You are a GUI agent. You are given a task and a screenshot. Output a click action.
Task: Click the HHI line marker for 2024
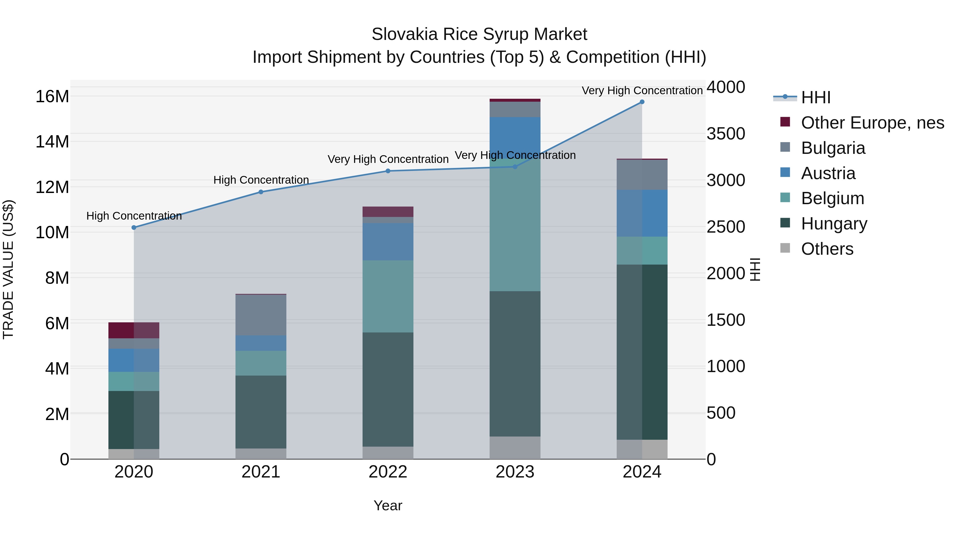(x=642, y=102)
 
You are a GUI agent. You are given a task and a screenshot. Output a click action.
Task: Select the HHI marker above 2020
(x=134, y=227)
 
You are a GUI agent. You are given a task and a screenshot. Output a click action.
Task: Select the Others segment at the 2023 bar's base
(x=515, y=447)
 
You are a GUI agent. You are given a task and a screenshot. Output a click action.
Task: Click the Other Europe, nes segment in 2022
(x=388, y=212)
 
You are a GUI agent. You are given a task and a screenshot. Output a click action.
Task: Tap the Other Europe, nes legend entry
(x=872, y=123)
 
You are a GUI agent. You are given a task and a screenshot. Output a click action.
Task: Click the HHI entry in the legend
(x=815, y=97)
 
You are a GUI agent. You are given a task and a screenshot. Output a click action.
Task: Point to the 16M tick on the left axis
(x=52, y=96)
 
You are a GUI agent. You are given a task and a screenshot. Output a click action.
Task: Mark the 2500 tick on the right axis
(x=726, y=227)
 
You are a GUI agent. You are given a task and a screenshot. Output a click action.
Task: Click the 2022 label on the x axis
(x=388, y=472)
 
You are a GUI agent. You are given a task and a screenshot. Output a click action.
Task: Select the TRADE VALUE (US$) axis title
(x=8, y=269)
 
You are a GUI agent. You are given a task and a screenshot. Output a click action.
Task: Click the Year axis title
(x=388, y=505)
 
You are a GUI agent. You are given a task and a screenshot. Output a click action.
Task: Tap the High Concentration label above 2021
(x=261, y=180)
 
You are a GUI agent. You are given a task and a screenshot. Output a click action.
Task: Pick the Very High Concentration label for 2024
(x=642, y=90)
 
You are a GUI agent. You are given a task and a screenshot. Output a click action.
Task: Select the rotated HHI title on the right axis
(x=755, y=269)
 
